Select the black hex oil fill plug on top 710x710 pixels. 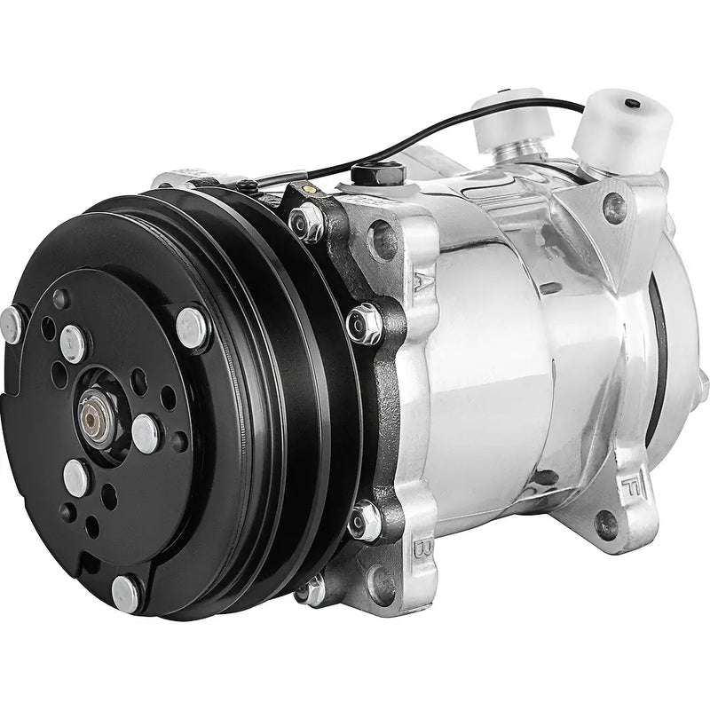pos(367,175)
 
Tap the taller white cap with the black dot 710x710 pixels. pos(617,129)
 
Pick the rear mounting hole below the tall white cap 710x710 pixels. pos(614,206)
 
